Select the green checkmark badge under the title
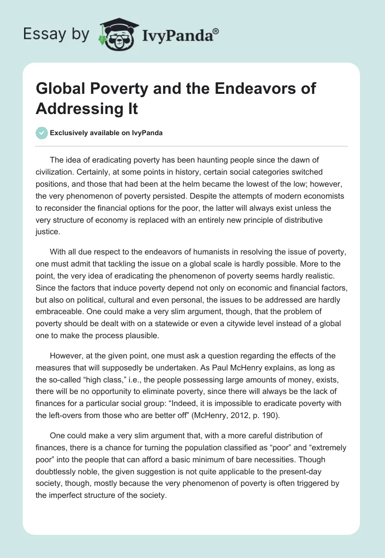[41, 133]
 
